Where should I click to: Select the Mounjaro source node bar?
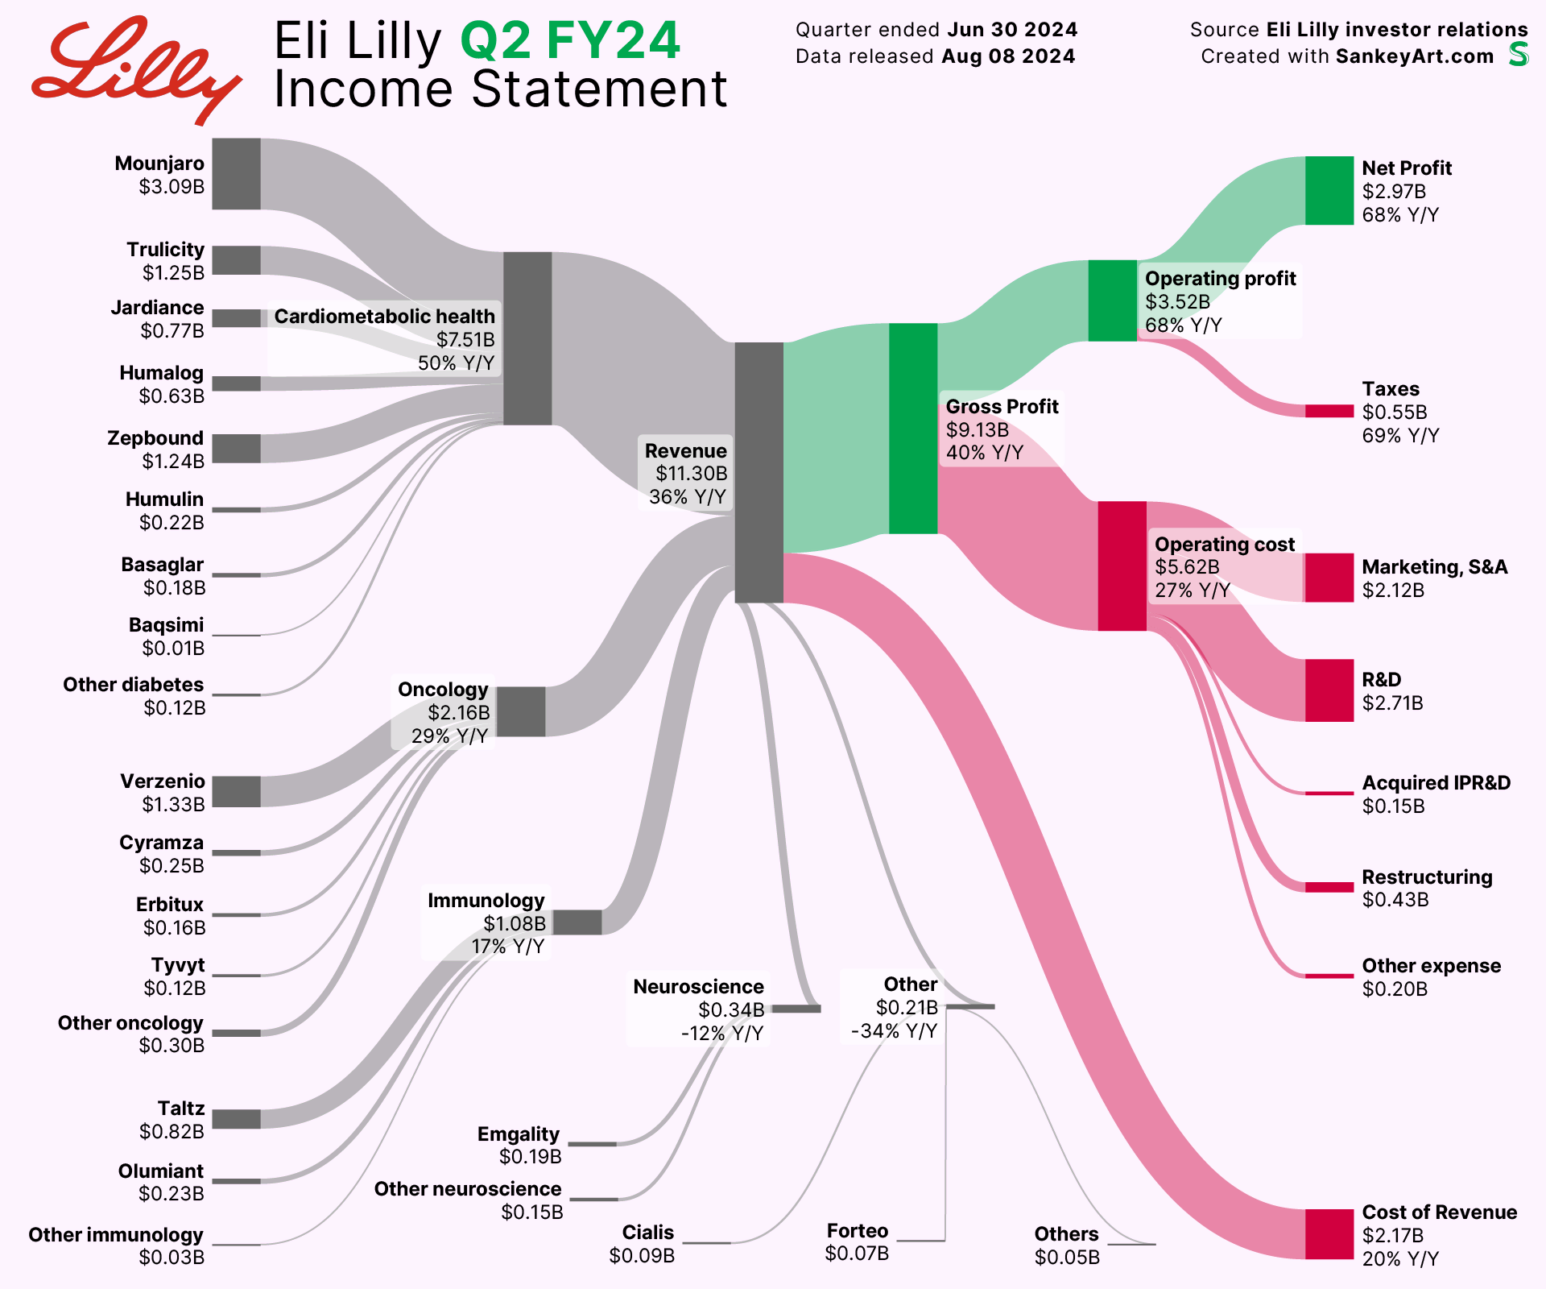click(236, 174)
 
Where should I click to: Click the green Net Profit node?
click(1329, 191)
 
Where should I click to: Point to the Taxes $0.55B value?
click(1394, 412)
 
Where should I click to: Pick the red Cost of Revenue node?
click(1329, 1233)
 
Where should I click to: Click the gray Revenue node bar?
click(759, 472)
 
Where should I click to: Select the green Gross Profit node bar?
click(913, 428)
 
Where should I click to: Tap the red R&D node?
click(1329, 690)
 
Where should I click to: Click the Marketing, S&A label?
click(1434, 567)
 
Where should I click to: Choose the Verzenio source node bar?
click(236, 791)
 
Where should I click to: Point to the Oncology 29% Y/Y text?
click(449, 736)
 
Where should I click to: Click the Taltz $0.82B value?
click(172, 1132)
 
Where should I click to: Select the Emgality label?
click(518, 1134)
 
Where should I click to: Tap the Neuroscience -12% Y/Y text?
click(721, 1033)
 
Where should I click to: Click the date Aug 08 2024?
click(1008, 56)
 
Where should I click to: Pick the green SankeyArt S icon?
click(1519, 54)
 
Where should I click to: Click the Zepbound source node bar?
click(236, 449)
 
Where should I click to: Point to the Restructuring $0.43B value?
click(1395, 900)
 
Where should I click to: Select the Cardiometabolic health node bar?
click(527, 338)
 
